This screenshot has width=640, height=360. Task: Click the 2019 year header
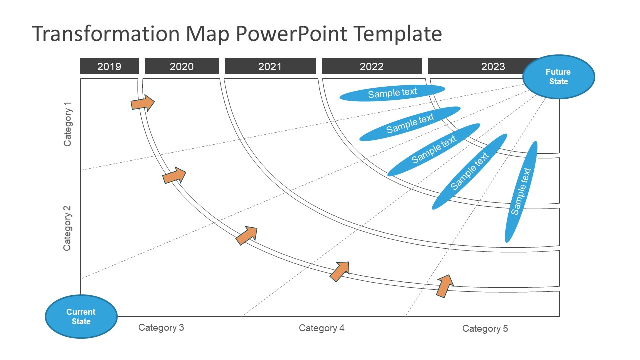(x=109, y=66)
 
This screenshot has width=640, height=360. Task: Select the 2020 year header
(x=182, y=66)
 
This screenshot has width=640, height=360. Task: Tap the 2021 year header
(x=270, y=66)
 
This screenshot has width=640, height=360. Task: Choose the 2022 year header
(x=372, y=66)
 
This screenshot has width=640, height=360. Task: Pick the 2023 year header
(x=480, y=66)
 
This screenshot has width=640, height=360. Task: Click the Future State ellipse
(x=558, y=77)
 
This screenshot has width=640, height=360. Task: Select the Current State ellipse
(x=81, y=316)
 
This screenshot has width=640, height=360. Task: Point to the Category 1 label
(x=68, y=124)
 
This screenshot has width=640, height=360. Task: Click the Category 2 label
(x=68, y=228)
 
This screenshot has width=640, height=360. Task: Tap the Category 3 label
(x=161, y=328)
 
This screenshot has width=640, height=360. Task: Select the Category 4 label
(x=322, y=328)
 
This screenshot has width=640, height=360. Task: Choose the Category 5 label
(x=485, y=329)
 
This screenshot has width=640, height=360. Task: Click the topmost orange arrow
(x=143, y=103)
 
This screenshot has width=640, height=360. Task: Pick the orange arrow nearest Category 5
(x=444, y=286)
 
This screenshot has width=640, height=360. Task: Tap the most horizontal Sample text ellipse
(x=392, y=93)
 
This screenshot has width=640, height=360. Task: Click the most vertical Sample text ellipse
(x=521, y=192)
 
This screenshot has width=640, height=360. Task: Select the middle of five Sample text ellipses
(x=434, y=150)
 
